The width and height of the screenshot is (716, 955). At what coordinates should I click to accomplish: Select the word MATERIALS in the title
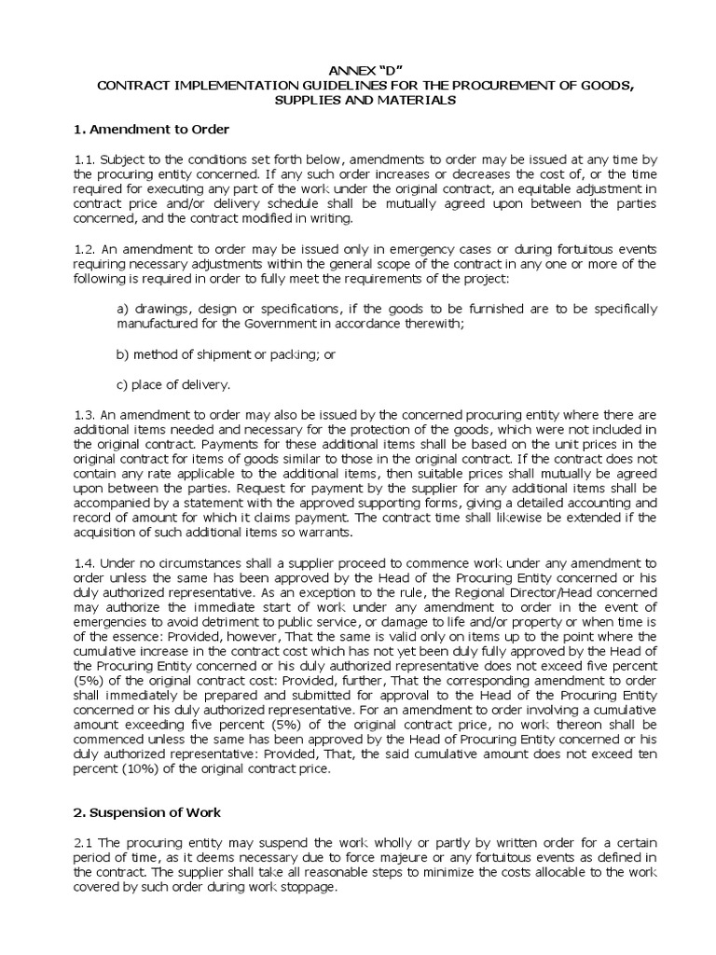click(418, 100)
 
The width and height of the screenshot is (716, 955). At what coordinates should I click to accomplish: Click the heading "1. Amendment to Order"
click(151, 128)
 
